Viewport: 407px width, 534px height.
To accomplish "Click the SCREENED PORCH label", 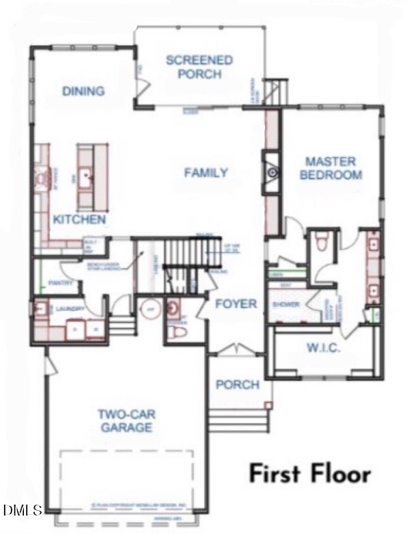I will (x=199, y=67).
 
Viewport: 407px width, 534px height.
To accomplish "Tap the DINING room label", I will (x=83, y=91).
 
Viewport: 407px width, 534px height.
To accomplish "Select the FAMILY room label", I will (x=206, y=172).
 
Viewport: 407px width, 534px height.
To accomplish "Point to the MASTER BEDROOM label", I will (x=331, y=168).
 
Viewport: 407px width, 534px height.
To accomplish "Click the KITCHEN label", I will (x=79, y=219).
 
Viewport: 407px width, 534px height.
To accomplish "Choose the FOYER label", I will (x=236, y=304).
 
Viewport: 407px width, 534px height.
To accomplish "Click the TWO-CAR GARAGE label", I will (x=124, y=420).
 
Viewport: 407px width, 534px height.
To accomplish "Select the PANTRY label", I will (x=61, y=282).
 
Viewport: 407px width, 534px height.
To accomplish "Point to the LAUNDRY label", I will (x=70, y=310).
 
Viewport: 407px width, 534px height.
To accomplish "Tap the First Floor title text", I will (x=309, y=473).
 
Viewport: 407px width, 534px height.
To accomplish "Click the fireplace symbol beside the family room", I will (x=272, y=173).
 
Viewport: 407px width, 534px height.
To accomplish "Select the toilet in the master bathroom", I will (x=324, y=242).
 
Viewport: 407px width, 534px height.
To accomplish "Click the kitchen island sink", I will (x=87, y=177).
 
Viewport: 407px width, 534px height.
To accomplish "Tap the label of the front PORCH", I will (x=237, y=384).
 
